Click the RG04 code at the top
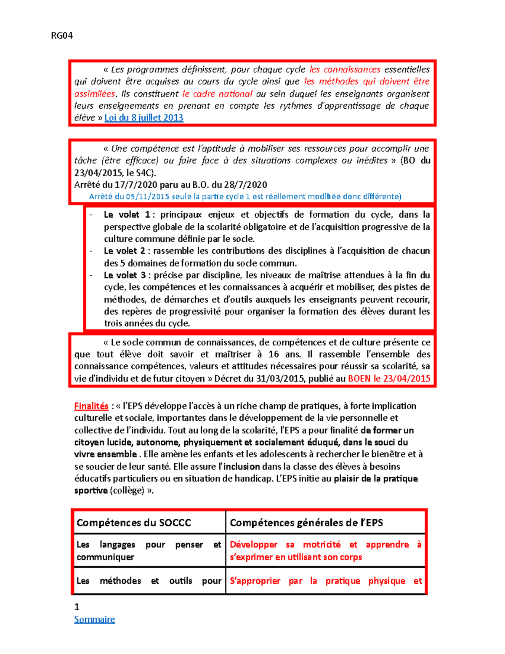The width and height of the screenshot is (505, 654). (x=62, y=36)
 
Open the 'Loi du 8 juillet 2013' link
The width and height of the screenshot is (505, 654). (x=144, y=118)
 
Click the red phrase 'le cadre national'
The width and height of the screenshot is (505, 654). (x=217, y=94)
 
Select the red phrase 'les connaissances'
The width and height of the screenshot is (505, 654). (x=345, y=69)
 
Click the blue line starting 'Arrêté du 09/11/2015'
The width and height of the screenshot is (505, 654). (x=245, y=197)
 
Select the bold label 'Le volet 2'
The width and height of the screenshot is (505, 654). (x=125, y=251)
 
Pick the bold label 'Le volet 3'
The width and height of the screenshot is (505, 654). (x=125, y=275)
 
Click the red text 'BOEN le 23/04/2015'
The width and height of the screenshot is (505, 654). (x=389, y=379)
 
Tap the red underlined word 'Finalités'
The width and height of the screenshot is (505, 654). (x=91, y=406)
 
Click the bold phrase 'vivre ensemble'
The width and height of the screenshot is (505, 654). (x=106, y=454)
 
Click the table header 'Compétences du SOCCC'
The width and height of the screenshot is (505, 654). (x=134, y=523)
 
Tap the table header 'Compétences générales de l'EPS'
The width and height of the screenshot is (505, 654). (x=306, y=523)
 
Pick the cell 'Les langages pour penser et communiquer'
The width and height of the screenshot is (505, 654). (x=149, y=551)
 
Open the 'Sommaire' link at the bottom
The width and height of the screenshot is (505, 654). (x=94, y=619)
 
